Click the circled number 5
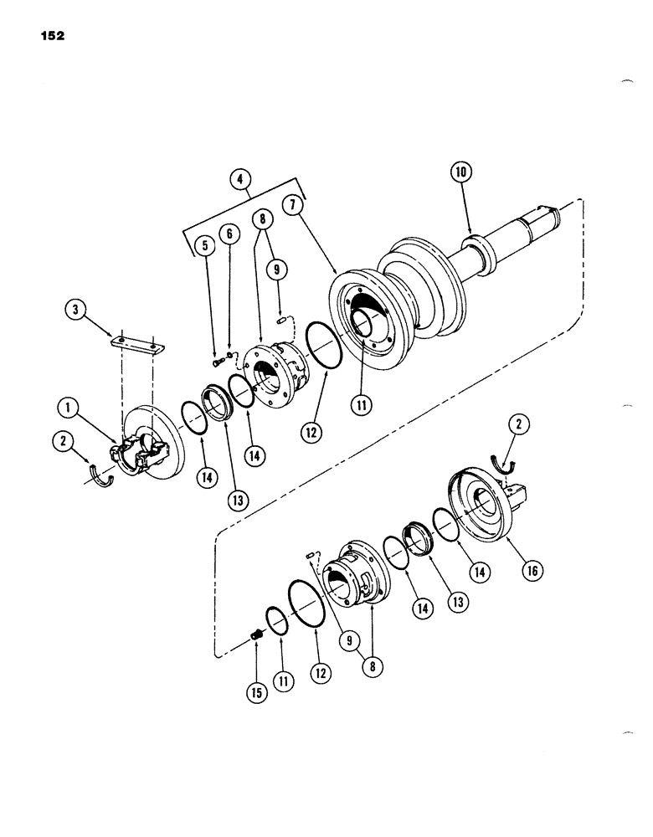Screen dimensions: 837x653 204,245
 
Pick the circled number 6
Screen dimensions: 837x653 229,237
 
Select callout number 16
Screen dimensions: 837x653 532,572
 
